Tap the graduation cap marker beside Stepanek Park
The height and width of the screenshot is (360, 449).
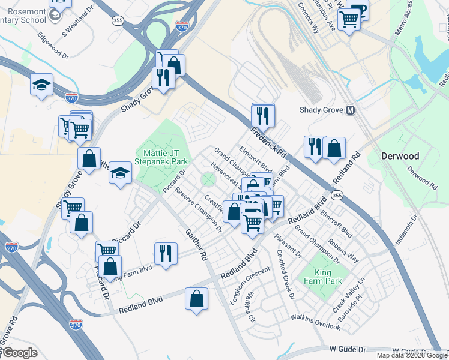tap(120, 173)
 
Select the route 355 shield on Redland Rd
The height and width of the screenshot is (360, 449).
tap(337, 196)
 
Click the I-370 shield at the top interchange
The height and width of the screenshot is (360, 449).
tap(182, 27)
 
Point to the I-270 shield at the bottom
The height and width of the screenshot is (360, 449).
tap(76, 325)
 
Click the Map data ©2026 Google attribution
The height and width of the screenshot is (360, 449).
tap(411, 355)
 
